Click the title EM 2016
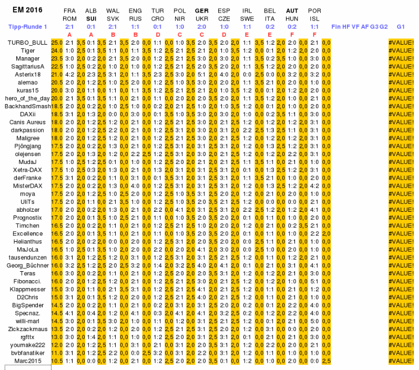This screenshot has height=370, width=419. click(x=28, y=10)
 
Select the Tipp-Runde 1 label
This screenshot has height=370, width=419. click(x=28, y=26)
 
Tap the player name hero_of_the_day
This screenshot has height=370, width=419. click(x=27, y=98)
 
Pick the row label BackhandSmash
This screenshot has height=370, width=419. click(x=27, y=106)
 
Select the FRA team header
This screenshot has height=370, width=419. click(x=69, y=11)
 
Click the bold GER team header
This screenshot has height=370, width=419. click(x=201, y=11)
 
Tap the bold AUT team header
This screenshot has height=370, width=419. click(x=292, y=11)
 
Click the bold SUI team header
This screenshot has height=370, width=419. click(x=91, y=18)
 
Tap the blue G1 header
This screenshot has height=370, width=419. click(x=401, y=26)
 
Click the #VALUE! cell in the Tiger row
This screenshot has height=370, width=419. click(x=401, y=50)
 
